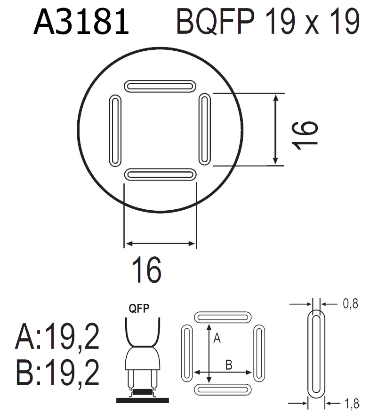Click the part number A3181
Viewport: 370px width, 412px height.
(x=81, y=23)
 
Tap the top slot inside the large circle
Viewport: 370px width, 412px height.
(x=160, y=86)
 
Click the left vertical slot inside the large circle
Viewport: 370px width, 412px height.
(x=114, y=131)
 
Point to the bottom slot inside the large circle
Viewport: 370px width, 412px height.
(x=160, y=174)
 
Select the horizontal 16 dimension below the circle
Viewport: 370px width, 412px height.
(x=146, y=269)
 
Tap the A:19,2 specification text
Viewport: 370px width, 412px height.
(x=57, y=337)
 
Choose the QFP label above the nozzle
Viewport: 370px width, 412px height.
(x=140, y=309)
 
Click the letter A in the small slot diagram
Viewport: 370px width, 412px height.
(x=217, y=338)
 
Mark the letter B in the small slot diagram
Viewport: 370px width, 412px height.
(x=228, y=364)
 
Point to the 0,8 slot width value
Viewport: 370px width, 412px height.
(x=350, y=304)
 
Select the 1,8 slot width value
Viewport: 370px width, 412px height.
(x=351, y=403)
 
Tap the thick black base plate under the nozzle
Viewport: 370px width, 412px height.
(x=143, y=400)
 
